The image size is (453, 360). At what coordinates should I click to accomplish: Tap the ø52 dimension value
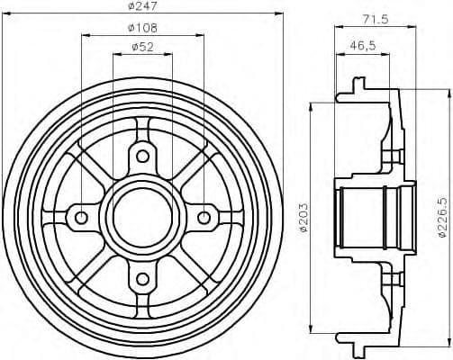click(140, 48)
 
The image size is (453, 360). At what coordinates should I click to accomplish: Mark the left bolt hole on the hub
click(81, 217)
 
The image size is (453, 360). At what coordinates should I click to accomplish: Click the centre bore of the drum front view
click(141, 217)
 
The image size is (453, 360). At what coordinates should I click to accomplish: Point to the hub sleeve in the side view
click(376, 217)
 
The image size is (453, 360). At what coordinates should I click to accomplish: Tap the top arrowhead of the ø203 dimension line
click(311, 105)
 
